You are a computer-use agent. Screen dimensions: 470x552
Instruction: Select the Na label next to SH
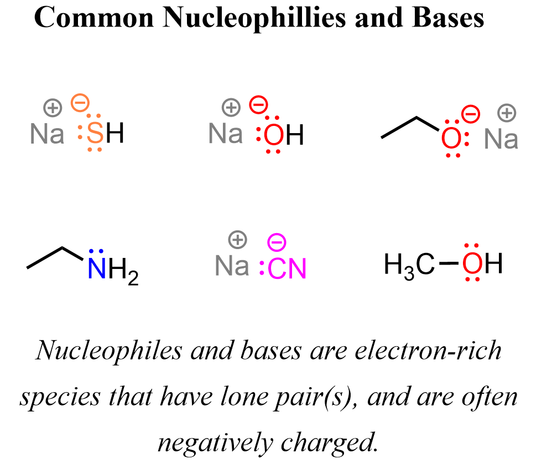point(47,134)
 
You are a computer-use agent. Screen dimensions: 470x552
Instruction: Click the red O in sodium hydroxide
point(273,135)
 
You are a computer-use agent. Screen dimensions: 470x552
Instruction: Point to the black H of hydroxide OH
point(295,135)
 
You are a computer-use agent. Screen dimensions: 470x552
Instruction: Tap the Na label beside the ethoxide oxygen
point(501,139)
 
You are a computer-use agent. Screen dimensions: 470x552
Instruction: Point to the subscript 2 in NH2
point(132,279)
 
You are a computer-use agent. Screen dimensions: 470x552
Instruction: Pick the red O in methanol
point(472,265)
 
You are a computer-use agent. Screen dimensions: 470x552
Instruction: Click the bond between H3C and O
point(448,265)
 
